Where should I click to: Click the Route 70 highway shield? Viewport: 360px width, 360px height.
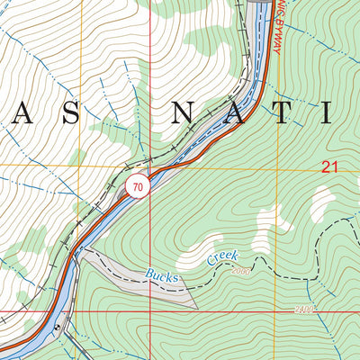coord(136,187)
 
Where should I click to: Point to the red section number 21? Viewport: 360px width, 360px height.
coord(329,166)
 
